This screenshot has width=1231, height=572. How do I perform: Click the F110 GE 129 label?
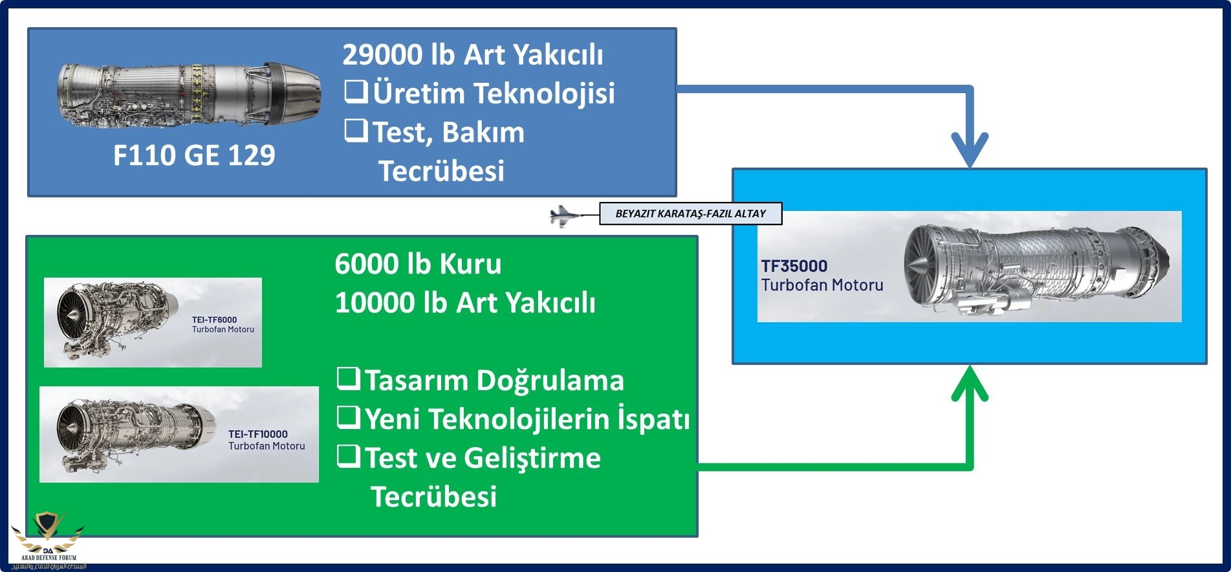pos(194,155)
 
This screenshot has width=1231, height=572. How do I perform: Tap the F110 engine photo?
pos(189,94)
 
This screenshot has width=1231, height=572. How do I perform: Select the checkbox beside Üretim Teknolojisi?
pos(356,92)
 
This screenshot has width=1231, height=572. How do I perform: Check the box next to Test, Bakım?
pos(356,131)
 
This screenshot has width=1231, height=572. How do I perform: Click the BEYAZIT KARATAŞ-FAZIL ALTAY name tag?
pos(690,214)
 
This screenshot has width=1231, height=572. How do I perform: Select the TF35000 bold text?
pos(794,266)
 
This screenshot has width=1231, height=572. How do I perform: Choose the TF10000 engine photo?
pos(136,434)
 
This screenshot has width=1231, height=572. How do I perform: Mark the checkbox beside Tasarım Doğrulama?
pos(348,379)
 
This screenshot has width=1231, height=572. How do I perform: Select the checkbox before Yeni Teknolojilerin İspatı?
pos(348,417)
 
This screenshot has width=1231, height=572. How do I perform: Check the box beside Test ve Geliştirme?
pos(348,456)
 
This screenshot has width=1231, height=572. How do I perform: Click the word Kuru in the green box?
pos(470,264)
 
